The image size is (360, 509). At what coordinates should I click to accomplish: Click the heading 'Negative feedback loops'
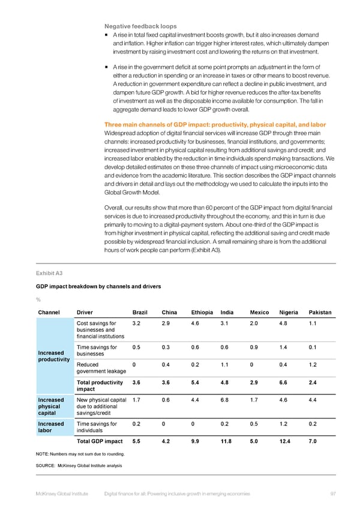140,26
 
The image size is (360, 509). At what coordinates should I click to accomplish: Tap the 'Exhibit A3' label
50,274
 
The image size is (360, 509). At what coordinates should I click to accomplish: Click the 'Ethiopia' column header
202,312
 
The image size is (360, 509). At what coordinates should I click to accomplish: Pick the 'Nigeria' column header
289,312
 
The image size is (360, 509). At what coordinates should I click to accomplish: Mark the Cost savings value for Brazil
136,324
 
